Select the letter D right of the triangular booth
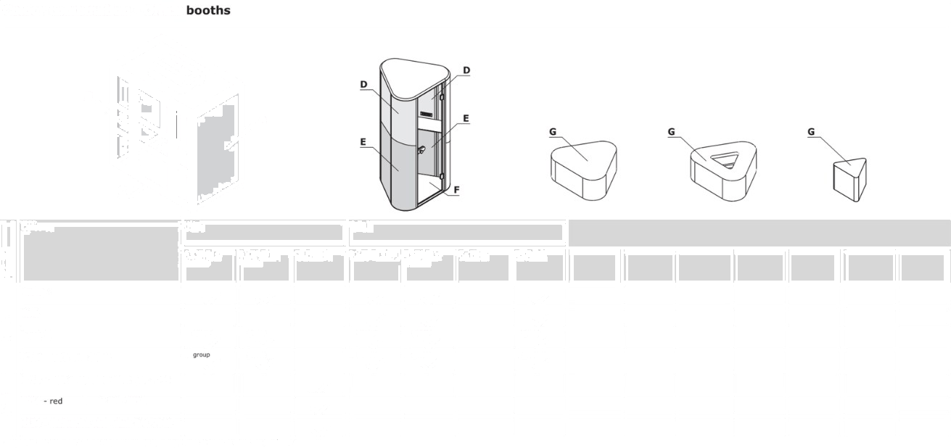(x=466, y=70)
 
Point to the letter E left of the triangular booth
(x=363, y=142)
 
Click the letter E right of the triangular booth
(x=466, y=117)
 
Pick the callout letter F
(x=456, y=190)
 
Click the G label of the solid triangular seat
(x=553, y=132)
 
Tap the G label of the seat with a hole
(x=672, y=132)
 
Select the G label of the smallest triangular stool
(x=811, y=132)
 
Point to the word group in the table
(x=201, y=355)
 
